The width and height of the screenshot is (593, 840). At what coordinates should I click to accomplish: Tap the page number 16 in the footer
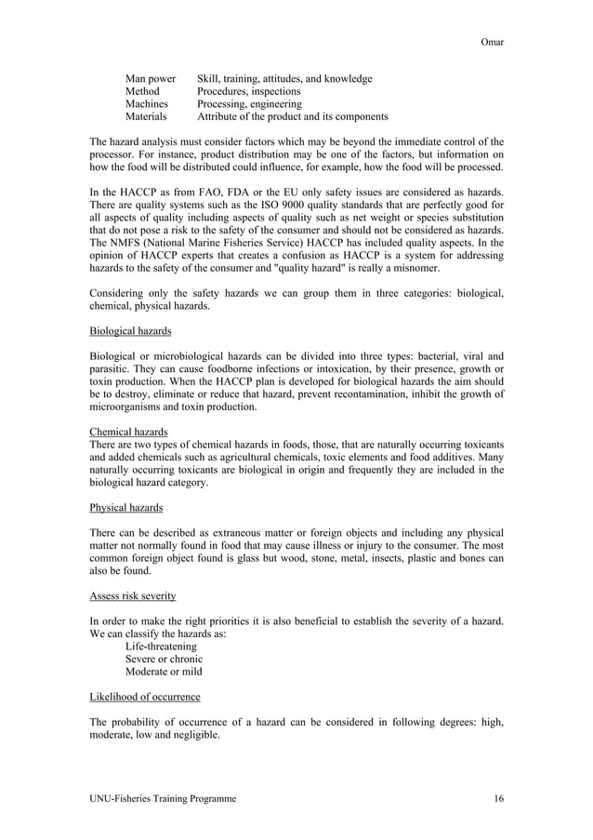click(497, 798)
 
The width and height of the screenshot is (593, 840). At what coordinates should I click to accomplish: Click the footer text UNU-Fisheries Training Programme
click(163, 798)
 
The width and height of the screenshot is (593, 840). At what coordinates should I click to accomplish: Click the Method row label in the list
click(142, 92)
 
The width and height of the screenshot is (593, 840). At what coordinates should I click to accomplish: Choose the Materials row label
click(146, 118)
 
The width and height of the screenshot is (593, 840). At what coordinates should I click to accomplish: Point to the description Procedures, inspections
click(248, 92)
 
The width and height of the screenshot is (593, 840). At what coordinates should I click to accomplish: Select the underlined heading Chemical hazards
click(128, 432)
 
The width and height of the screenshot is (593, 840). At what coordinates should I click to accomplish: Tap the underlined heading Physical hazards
click(126, 507)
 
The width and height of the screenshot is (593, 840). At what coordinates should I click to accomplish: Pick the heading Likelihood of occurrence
click(144, 697)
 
